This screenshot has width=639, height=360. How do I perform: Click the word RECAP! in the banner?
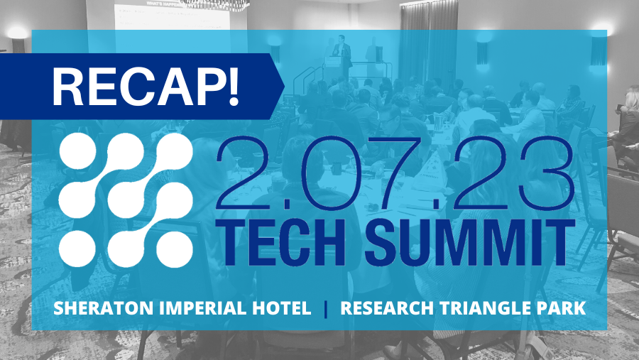pos(146,87)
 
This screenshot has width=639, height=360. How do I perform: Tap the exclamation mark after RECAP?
pos(233,87)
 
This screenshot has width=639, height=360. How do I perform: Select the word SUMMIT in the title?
pos(469,243)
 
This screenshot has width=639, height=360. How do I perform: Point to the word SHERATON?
pos(104,308)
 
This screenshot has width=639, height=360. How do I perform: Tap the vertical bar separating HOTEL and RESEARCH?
pos(326,309)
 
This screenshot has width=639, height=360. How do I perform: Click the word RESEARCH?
pos(387,308)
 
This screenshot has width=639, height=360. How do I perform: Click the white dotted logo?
pos(126,200)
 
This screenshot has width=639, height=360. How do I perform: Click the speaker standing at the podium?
pos(342,55)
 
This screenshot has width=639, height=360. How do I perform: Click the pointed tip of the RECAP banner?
pos(285,86)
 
